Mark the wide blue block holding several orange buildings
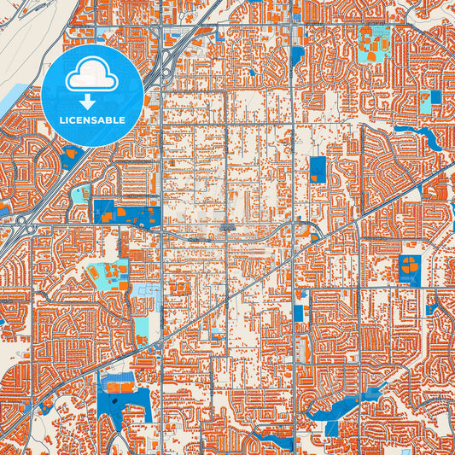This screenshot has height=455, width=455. click(x=126, y=213)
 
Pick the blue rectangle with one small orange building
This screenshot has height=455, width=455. click(x=318, y=168)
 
